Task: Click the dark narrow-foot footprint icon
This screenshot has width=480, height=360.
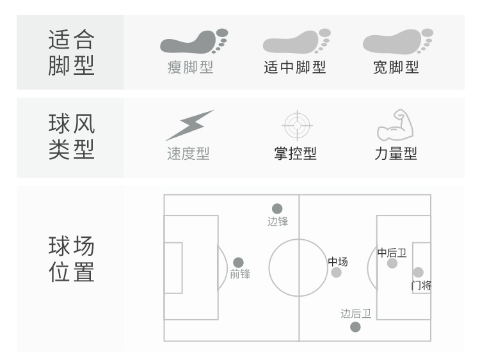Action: click(194, 42)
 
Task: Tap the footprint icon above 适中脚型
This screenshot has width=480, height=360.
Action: click(296, 42)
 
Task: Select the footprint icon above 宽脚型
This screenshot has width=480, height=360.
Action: click(398, 42)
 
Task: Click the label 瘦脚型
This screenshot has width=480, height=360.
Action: click(190, 67)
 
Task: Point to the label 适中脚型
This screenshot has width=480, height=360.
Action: click(295, 67)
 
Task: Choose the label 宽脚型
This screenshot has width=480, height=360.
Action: click(396, 67)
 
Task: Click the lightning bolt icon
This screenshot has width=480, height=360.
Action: click(190, 125)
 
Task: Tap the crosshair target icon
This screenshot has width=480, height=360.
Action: click(297, 125)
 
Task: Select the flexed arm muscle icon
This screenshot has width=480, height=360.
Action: click(396, 125)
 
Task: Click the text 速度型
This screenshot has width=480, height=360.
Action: click(188, 153)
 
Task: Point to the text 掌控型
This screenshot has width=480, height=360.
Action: click(296, 153)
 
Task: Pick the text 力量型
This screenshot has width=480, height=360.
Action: click(396, 153)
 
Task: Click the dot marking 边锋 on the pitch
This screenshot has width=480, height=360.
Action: click(277, 208)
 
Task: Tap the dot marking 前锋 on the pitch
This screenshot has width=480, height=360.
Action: click(238, 262)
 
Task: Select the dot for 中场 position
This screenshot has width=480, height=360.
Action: click(336, 272)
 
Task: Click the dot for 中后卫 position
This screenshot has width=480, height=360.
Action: click(392, 263)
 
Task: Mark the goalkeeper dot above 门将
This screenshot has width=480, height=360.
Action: click(418, 272)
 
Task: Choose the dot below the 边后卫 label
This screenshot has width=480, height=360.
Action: click(355, 327)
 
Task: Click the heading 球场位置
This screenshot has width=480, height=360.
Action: click(71, 259)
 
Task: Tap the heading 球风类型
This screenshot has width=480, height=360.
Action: click(71, 137)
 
